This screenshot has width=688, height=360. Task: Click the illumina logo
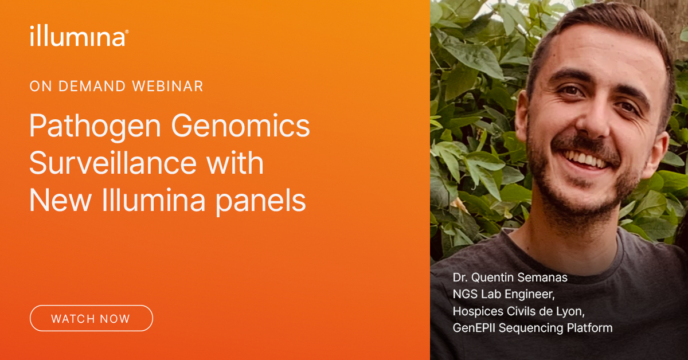point(79,36)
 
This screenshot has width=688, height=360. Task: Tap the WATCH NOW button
point(91,318)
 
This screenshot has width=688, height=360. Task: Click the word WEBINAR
point(167,87)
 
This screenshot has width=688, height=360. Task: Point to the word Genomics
point(240,126)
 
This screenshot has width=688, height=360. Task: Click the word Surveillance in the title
point(113,163)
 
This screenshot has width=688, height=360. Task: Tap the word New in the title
point(61,200)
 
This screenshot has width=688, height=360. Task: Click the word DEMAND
point(92,87)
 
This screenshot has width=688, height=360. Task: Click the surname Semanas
point(542,277)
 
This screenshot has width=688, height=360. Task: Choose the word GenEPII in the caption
point(474,328)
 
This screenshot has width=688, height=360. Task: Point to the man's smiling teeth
point(586,159)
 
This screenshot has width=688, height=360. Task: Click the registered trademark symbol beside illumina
point(127,32)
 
